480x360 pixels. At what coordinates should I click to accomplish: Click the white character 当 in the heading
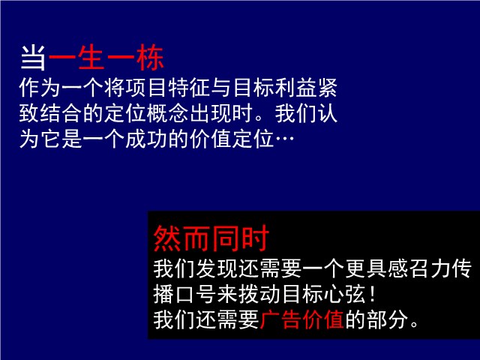pyautogui.click(x=33, y=57)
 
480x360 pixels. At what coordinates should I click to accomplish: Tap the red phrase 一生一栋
pyautogui.click(x=106, y=57)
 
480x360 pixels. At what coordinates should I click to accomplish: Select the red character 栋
pyautogui.click(x=150, y=57)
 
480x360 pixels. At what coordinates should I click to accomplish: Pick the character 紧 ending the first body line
pyautogui.click(x=327, y=88)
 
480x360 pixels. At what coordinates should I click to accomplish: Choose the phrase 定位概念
pyautogui.click(x=145, y=113)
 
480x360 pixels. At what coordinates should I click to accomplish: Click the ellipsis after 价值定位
pyautogui.click(x=284, y=139)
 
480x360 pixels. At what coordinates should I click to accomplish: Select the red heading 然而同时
pyautogui.click(x=211, y=238)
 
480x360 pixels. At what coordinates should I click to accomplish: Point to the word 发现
pyautogui.click(x=217, y=269)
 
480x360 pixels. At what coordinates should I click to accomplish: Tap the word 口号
pyautogui.click(x=196, y=295)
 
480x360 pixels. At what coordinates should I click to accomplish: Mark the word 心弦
pyautogui.click(x=345, y=295)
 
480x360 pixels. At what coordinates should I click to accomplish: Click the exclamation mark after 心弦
pyautogui.click(x=372, y=295)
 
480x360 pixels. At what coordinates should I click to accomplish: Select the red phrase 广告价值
pyautogui.click(x=302, y=320)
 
